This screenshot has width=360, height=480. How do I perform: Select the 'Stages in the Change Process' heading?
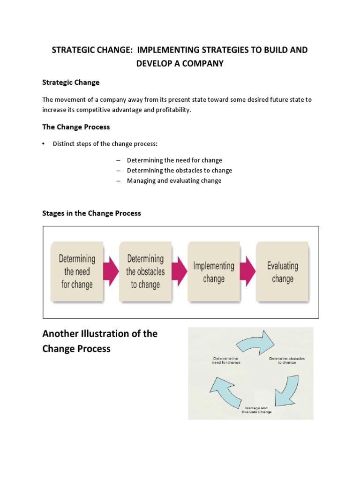click(91, 213)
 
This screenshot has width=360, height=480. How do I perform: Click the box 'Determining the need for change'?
click(77, 271)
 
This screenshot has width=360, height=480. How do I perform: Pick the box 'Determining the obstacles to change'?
click(145, 271)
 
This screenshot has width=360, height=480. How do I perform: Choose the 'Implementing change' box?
click(214, 272)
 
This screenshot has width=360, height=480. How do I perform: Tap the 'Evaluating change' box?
click(282, 272)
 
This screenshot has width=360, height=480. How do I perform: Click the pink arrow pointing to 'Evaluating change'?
click(248, 272)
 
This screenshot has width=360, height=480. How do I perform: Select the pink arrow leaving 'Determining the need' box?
click(111, 272)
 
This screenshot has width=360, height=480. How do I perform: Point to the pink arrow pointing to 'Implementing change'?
click(179, 272)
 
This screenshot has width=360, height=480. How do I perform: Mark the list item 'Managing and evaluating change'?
click(174, 180)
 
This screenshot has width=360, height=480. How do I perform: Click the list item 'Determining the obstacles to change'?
click(180, 171)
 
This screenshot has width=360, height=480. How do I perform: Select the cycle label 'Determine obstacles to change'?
click(286, 360)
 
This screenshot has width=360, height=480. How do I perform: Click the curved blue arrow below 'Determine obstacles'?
click(286, 387)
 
